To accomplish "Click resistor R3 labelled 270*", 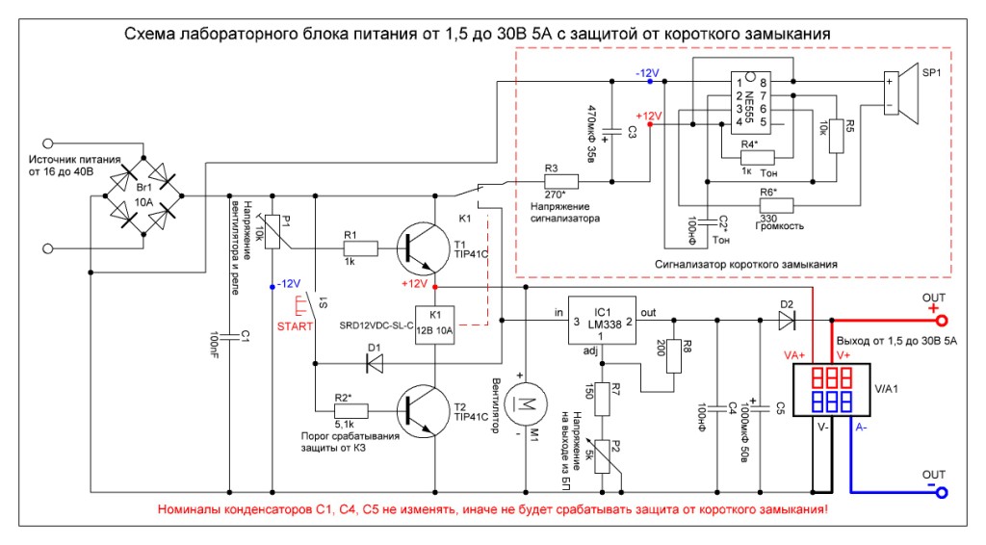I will (x=560, y=181).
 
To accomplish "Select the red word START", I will (x=296, y=326).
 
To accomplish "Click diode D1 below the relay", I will (x=374, y=363).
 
